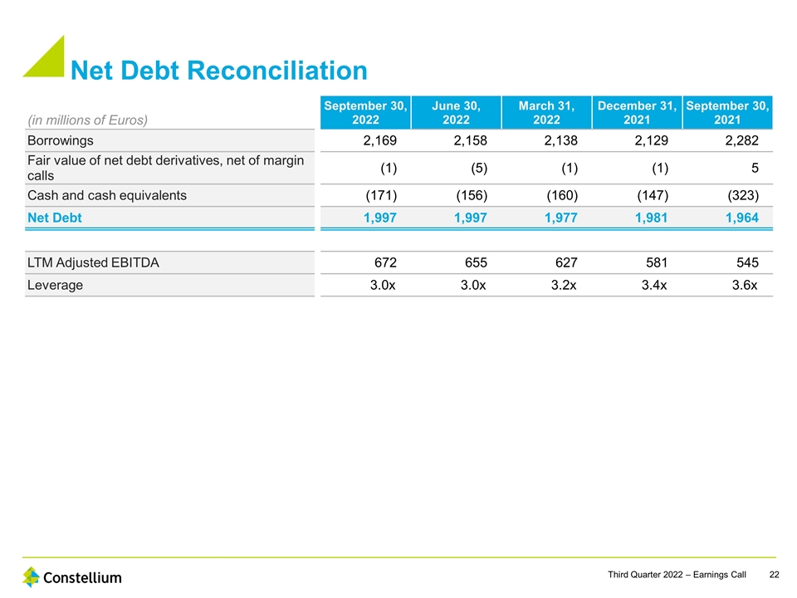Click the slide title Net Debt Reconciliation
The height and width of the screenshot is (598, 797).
pyautogui.click(x=218, y=71)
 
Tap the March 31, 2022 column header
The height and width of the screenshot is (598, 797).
pyautogui.click(x=545, y=112)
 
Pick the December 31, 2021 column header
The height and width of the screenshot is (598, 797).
pyautogui.click(x=637, y=112)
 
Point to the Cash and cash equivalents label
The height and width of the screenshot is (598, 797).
pyautogui.click(x=107, y=196)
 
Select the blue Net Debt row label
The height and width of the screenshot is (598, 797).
pyautogui.click(x=55, y=218)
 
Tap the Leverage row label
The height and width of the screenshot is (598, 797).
pyautogui.click(x=56, y=285)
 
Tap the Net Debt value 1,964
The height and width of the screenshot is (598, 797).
pyautogui.click(x=741, y=218)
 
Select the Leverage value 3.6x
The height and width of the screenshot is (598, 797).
pyautogui.click(x=741, y=285)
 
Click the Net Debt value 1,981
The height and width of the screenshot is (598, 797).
pyautogui.click(x=650, y=218)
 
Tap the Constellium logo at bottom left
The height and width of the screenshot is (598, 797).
pyautogui.click(x=72, y=576)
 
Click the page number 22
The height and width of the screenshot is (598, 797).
pyautogui.click(x=774, y=575)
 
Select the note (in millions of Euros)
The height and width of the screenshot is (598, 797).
pyautogui.click(x=88, y=120)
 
